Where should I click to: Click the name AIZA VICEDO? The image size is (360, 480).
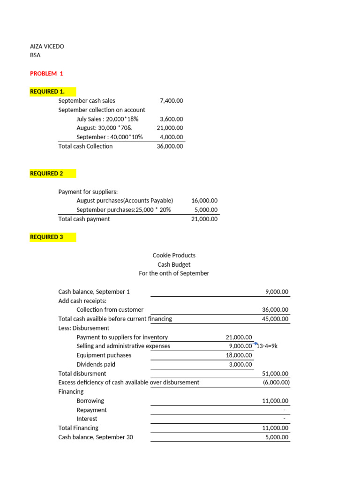[47, 46]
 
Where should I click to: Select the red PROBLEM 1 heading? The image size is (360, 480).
[46, 74]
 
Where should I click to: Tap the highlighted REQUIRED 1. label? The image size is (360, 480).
[47, 91]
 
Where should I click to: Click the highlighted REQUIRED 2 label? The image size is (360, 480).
[46, 173]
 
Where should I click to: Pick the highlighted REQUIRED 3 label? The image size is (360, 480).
[46, 237]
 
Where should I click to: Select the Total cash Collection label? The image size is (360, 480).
[85, 146]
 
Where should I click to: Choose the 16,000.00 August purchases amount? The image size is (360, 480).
[204, 201]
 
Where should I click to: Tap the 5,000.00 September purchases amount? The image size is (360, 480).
[206, 210]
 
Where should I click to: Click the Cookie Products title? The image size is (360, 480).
[174, 255]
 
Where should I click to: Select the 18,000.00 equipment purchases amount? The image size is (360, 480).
[239, 355]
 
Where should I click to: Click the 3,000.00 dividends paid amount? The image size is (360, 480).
[240, 365]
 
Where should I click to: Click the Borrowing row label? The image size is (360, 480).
[90, 401]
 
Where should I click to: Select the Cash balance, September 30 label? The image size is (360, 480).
[96, 437]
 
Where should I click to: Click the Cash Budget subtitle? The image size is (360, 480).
[174, 264]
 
